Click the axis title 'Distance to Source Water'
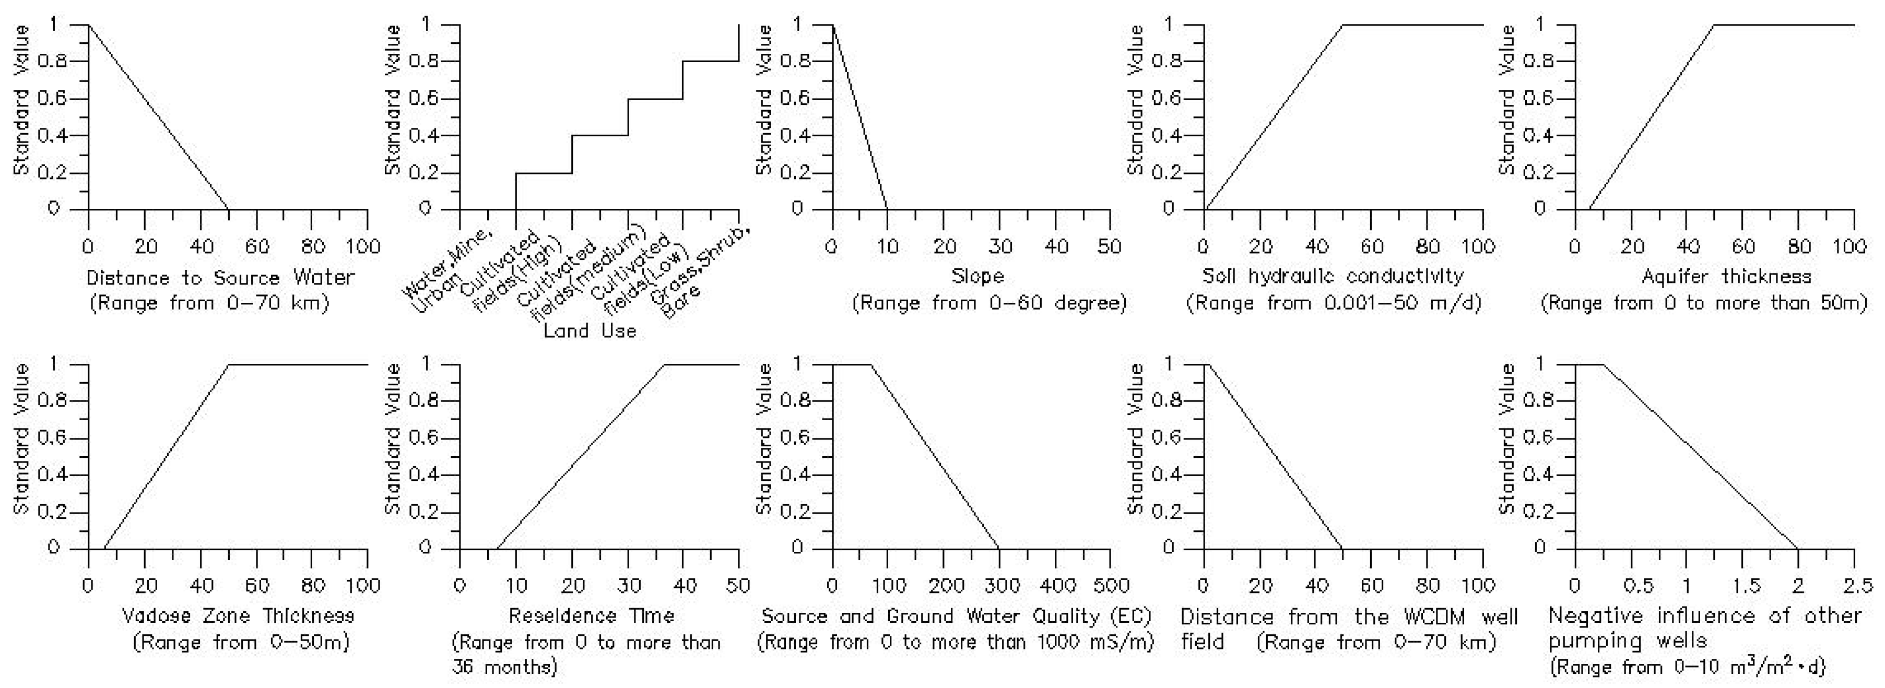(x=220, y=278)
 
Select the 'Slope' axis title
(x=977, y=277)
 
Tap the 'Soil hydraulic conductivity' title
(x=1333, y=277)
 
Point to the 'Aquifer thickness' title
(x=1704, y=277)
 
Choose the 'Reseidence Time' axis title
(x=591, y=616)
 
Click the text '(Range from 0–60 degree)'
(x=989, y=303)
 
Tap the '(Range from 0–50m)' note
(x=241, y=643)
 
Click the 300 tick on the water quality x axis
(x=999, y=586)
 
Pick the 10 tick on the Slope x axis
(x=888, y=247)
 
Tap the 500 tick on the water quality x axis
(x=1111, y=586)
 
